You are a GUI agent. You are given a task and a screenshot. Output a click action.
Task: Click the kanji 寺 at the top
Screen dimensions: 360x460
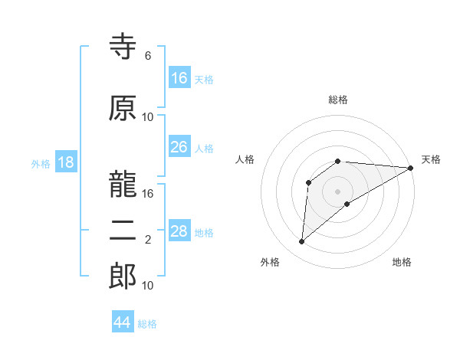(x=123, y=47)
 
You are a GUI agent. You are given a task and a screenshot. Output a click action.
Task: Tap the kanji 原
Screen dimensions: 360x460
(x=123, y=109)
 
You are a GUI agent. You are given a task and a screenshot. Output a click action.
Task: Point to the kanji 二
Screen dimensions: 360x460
(x=123, y=232)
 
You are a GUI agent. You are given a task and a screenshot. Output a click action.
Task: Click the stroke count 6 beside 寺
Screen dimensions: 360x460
(x=148, y=56)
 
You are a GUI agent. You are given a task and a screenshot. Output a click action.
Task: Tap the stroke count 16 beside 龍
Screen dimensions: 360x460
(x=148, y=194)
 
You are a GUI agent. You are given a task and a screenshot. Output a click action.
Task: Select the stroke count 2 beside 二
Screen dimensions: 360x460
(x=148, y=240)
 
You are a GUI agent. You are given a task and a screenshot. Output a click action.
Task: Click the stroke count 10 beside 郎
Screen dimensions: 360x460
(x=148, y=286)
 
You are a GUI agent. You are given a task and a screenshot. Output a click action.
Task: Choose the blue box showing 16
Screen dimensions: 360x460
(x=179, y=78)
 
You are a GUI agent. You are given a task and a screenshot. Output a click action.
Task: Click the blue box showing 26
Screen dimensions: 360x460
(x=179, y=147)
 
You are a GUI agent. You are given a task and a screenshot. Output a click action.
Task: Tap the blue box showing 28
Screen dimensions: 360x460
(x=179, y=231)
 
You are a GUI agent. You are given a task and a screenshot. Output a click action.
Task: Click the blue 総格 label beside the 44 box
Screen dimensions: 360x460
(x=147, y=324)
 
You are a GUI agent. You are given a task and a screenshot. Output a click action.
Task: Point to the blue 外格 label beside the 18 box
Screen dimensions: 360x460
(x=41, y=163)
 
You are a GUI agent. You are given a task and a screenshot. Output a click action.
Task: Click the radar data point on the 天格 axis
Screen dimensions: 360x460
(x=411, y=169)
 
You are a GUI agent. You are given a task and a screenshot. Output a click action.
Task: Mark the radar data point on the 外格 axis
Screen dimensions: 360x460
(x=302, y=242)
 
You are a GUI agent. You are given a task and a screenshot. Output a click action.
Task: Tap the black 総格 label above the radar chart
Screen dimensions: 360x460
(x=338, y=100)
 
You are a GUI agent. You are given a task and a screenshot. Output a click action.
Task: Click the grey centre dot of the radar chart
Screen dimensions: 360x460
(x=337, y=191)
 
